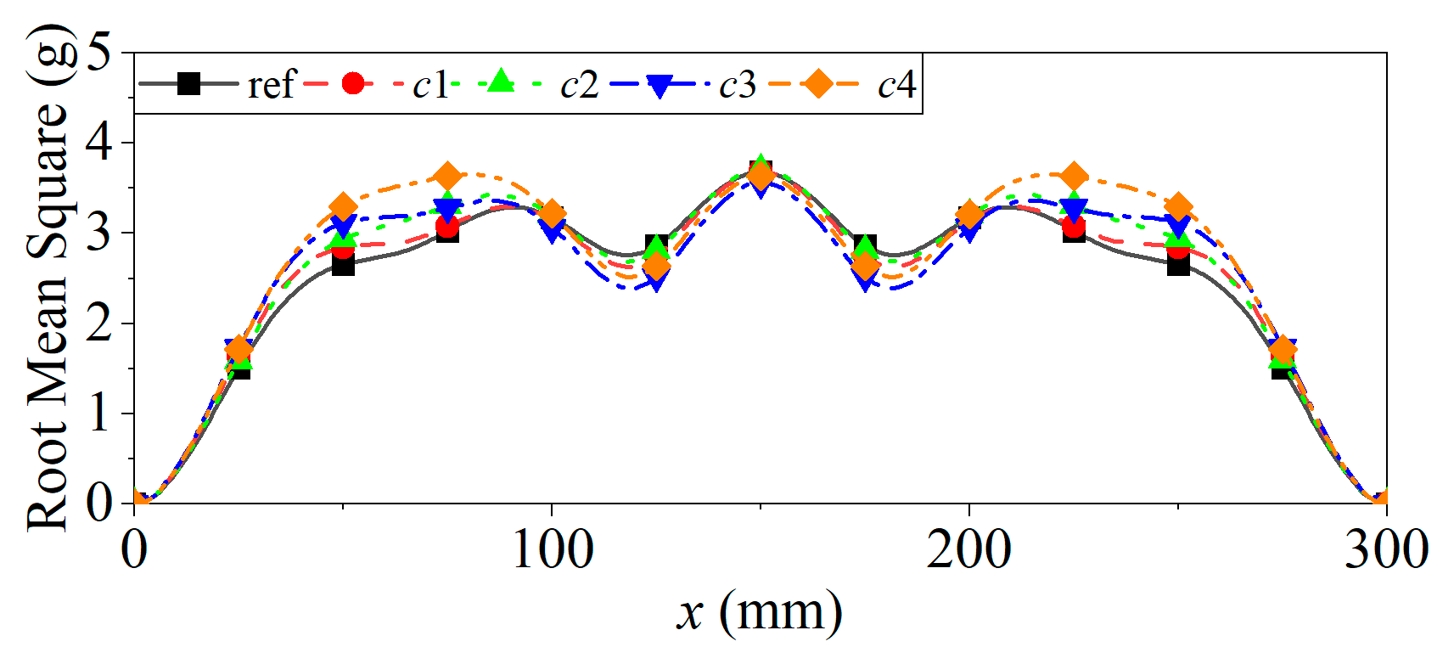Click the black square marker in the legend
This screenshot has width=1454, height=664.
(188, 83)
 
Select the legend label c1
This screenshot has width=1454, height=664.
(430, 84)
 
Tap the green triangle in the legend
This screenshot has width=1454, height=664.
(502, 82)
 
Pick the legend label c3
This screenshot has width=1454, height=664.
(737, 84)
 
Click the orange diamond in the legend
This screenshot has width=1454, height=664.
(818, 83)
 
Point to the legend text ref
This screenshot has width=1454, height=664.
(271, 84)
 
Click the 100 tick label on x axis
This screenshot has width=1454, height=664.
(552, 550)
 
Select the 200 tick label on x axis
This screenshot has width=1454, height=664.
(968, 550)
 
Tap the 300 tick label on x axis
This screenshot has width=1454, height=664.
(1386, 550)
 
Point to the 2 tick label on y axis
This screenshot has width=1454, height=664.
(98, 324)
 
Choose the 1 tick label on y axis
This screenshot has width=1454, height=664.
(98, 414)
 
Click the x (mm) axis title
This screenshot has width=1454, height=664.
(759, 612)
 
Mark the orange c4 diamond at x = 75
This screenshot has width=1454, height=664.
(447, 177)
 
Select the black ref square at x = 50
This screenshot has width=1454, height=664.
(343, 265)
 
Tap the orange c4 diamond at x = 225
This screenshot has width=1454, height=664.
(1074, 177)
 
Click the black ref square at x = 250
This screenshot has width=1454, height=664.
(1178, 265)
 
